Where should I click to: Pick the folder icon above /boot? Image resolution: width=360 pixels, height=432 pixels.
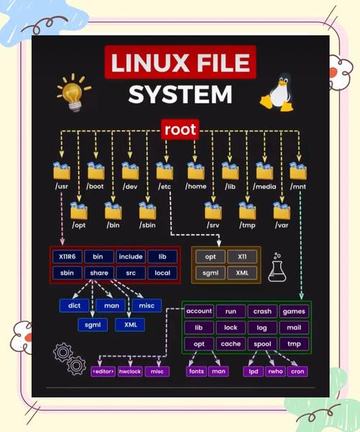(x=96, y=171)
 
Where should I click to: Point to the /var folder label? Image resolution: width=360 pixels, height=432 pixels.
(x=281, y=226)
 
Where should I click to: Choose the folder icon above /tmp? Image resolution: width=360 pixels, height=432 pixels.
(x=248, y=211)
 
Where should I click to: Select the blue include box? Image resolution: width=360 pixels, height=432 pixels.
(x=130, y=256)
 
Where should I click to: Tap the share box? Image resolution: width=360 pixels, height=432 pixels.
(x=99, y=273)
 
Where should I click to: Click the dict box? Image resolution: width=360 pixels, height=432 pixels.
(x=74, y=305)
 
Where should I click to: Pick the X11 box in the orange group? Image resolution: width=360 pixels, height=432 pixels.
(x=241, y=256)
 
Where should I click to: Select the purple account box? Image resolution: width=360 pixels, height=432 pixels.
(x=199, y=311)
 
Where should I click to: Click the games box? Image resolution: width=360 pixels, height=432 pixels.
(x=294, y=311)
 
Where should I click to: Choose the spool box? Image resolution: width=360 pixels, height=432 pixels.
(x=262, y=344)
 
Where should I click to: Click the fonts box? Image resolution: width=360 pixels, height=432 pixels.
(x=197, y=372)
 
